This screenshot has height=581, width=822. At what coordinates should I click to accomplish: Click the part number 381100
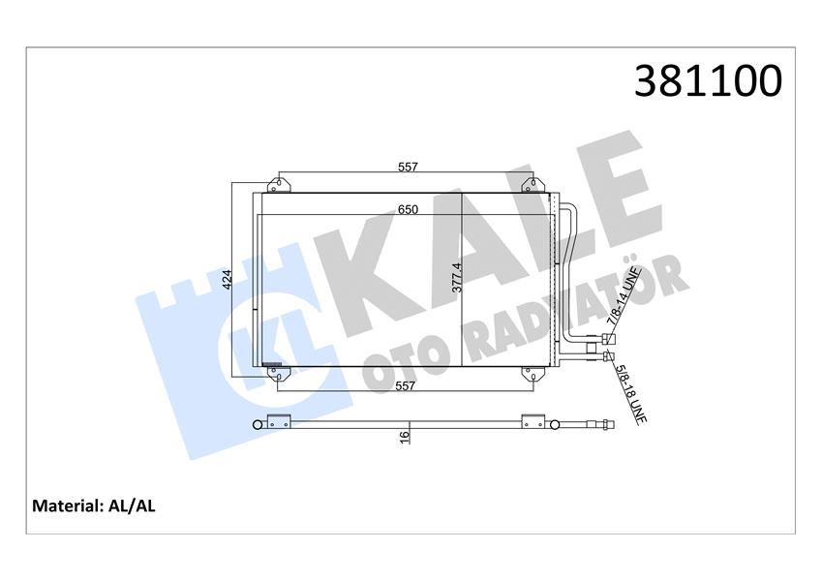707,82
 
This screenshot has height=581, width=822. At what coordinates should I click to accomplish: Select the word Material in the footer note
68,505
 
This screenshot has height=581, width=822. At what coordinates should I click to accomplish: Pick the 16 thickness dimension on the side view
406,437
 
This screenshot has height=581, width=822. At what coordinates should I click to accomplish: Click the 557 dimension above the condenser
407,167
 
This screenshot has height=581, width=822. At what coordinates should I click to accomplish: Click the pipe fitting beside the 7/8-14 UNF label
607,339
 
